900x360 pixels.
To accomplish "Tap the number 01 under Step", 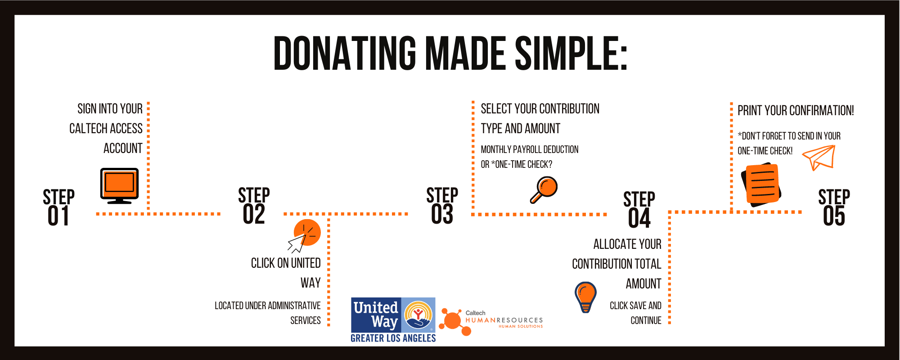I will point(58,216).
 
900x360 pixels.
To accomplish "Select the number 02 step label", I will point(254,214).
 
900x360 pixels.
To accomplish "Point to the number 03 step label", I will point(442,214).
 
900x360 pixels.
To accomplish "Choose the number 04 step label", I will point(639,218).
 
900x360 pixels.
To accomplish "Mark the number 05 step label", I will point(834,216).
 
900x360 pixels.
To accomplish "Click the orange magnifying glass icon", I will point(544,189).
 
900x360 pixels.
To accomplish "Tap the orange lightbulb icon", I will point(585,297).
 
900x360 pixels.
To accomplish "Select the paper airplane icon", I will point(819,157).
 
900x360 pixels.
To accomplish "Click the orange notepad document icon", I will point(762,184).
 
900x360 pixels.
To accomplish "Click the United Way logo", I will point(393,315).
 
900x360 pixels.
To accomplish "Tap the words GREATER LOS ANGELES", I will point(393,338).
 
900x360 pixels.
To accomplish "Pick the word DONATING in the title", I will point(345,54).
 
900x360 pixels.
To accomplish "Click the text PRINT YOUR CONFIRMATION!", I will point(795,111).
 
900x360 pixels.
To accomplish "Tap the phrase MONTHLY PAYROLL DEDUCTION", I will point(530,149).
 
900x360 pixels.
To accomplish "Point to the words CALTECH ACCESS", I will point(106,129).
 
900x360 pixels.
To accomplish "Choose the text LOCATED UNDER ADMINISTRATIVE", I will point(267,306).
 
